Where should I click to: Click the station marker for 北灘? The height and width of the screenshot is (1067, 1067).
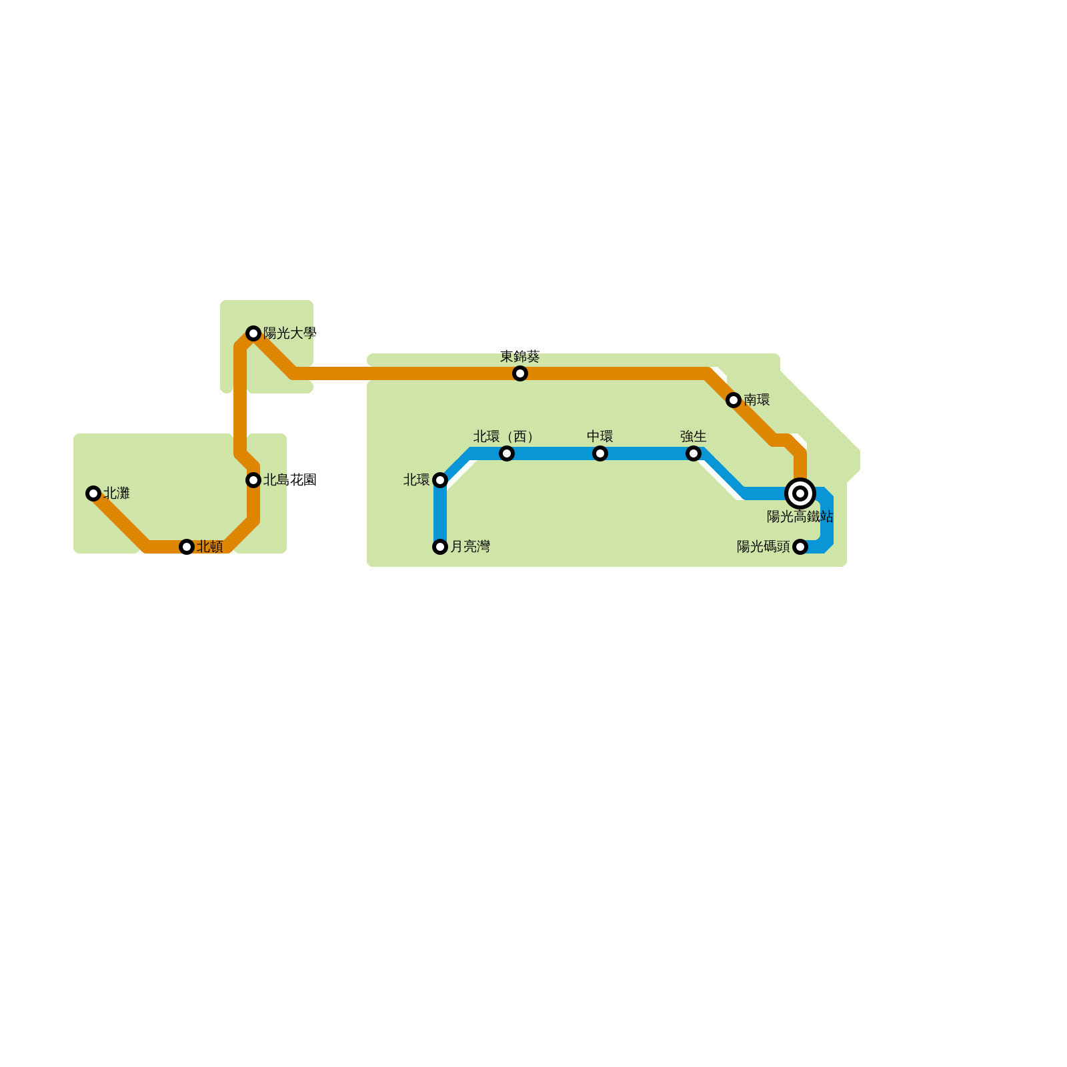point(93,493)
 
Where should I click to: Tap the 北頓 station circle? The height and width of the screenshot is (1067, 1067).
point(187,547)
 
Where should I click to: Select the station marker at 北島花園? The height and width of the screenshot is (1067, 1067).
point(253,480)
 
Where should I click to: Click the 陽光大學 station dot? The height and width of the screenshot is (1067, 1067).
point(253,333)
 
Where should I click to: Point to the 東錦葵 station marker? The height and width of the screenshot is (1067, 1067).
point(520,373)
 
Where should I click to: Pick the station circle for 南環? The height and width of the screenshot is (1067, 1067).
point(734,400)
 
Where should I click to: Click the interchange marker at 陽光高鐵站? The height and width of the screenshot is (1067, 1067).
point(800,493)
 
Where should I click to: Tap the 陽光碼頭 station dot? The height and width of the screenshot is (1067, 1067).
point(800,547)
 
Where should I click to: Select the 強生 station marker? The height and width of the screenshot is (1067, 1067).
point(694,453)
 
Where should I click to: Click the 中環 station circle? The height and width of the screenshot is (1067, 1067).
point(600,453)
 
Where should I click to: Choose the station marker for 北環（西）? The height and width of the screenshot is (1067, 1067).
point(507,453)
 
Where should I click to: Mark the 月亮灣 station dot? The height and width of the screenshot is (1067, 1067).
point(440,547)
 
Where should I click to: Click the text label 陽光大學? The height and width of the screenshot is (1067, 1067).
point(289,333)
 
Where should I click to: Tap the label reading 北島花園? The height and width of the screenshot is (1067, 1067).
point(289,479)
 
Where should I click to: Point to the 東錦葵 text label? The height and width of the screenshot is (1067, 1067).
point(520,356)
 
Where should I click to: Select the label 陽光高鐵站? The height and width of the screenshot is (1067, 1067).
point(800,516)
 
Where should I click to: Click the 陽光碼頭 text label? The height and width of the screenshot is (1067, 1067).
point(763,547)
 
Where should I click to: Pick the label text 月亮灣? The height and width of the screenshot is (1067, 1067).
point(470,547)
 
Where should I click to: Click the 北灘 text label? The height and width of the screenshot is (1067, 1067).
point(117,493)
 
